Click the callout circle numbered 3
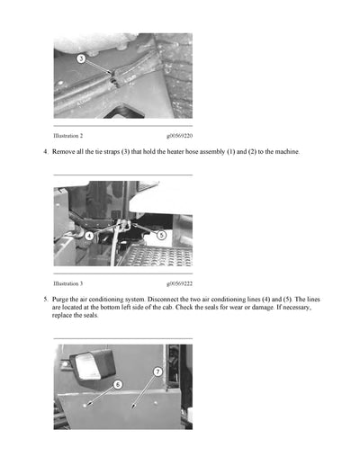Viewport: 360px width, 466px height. pyautogui.click(x=81, y=58)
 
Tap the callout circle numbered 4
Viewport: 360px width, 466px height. pyautogui.click(x=89, y=236)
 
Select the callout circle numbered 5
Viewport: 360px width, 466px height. pyautogui.click(x=161, y=235)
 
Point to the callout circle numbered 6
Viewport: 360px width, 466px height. pyautogui.click(x=117, y=384)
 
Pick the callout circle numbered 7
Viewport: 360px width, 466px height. pyautogui.click(x=157, y=371)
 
